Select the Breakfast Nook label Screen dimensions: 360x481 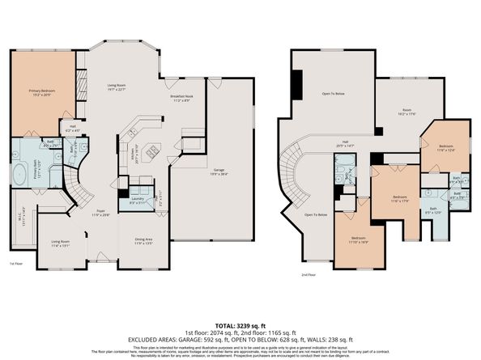click(180, 99)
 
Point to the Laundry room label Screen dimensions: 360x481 click(137, 200)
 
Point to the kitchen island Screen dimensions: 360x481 click(151, 150)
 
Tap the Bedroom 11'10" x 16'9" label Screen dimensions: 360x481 click(358, 240)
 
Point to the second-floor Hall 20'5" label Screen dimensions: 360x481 click(346, 144)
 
